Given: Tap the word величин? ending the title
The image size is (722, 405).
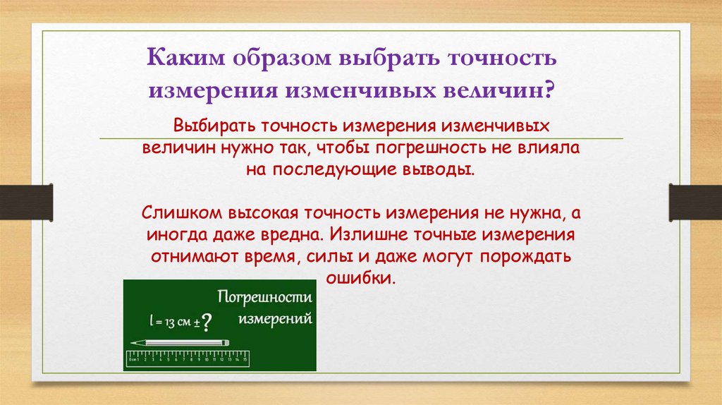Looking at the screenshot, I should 501,90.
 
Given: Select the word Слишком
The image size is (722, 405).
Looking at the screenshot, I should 180,214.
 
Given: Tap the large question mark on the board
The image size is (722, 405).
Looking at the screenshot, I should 206,322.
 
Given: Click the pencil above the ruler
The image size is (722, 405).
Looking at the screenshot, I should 179,342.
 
